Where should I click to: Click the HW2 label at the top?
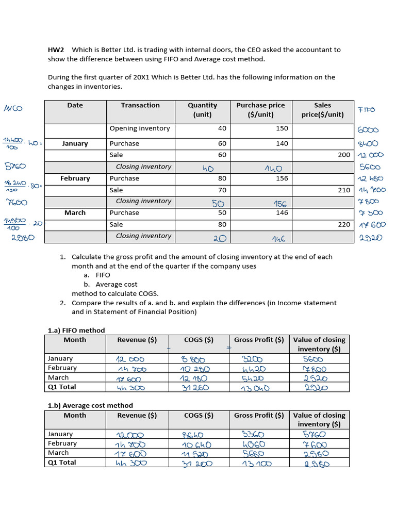click(x=56, y=50)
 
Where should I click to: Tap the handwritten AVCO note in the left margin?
click(x=14, y=108)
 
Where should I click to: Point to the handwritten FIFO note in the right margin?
click(x=367, y=110)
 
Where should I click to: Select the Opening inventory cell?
click(x=139, y=128)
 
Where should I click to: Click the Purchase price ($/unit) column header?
click(x=260, y=109)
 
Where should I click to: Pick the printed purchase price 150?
click(x=282, y=128)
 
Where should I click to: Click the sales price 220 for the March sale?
click(x=344, y=224)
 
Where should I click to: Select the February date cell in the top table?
click(x=75, y=178)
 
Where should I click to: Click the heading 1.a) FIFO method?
click(x=76, y=330)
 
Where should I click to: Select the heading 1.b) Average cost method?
click(x=90, y=405)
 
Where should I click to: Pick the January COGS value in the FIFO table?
click(x=193, y=359)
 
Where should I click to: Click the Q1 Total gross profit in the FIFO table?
click(x=255, y=388)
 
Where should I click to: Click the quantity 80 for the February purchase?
click(x=222, y=178)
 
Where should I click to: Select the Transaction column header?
click(x=140, y=105)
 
